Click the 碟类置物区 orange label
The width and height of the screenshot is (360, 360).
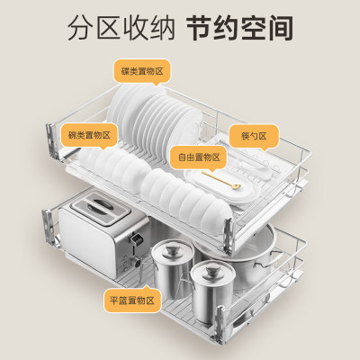click(142, 71)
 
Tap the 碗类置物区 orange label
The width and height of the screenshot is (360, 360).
click(89, 135)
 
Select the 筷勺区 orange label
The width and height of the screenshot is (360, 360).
click(255, 136)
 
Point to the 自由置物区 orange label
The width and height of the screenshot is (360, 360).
click(199, 157)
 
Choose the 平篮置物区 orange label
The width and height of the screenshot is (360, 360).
click(132, 300)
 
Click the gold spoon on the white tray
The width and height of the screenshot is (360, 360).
click(221, 180)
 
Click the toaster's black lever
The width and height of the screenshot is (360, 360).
click(137, 239)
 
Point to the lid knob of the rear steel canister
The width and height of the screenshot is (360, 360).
click(172, 249)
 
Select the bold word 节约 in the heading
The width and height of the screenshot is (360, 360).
click(213, 28)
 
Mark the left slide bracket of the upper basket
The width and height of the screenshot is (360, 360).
click(51, 141)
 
